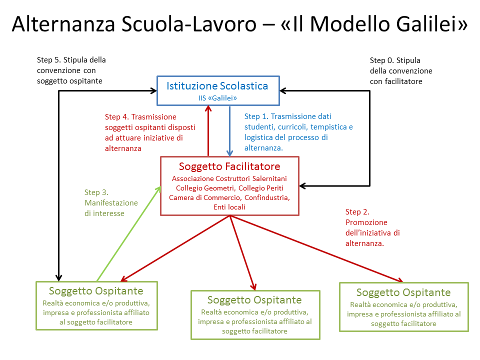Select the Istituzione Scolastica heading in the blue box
217,86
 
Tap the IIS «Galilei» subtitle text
217,98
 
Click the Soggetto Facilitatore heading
229,166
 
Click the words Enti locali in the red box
229,207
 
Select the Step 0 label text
401,70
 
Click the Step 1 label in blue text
298,132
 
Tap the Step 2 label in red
372,227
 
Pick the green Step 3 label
111,202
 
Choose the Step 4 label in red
150,132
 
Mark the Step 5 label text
71,70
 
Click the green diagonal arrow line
129,234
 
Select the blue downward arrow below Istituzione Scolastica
229,131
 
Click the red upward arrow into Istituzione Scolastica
208,131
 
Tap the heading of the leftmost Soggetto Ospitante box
96,291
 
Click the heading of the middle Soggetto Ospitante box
254,299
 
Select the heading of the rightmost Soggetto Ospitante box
403,292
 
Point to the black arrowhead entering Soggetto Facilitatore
302,186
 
